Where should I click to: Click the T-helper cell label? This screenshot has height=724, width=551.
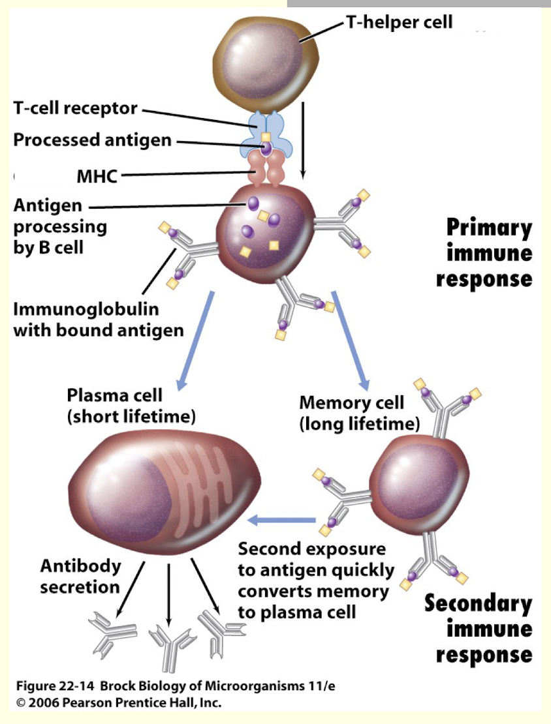tap(399, 23)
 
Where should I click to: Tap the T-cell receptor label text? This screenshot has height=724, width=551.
tap(75, 109)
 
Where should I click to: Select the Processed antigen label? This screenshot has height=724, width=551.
tap(92, 140)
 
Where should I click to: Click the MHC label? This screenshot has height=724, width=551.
tap(96, 176)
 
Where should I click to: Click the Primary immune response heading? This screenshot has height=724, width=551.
tap(484, 254)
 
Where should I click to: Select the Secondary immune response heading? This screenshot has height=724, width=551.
tap(479, 628)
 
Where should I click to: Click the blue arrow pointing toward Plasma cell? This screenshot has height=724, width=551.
tap(197, 340)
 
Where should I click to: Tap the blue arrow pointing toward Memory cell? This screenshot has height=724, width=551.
tap(351, 340)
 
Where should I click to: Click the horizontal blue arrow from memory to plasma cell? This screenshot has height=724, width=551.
tap(285, 520)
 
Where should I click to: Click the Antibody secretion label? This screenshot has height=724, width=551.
tap(80, 576)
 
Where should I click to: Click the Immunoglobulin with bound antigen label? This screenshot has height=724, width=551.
tap(98, 319)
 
